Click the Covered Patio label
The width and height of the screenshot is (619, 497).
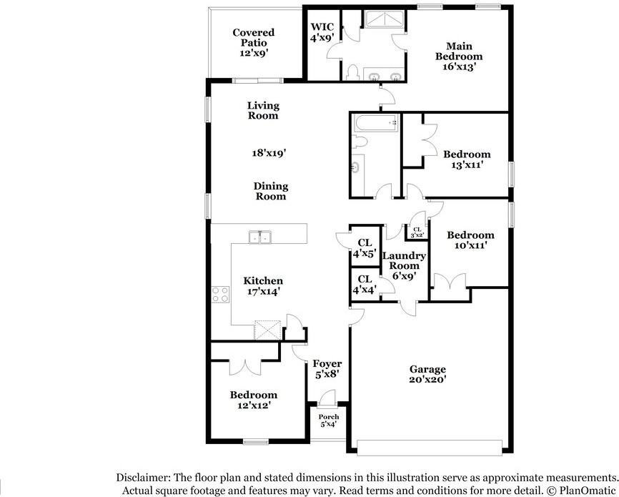click(254, 43)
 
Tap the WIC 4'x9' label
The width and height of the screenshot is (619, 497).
click(322, 32)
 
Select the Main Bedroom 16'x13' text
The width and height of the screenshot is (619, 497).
click(459, 56)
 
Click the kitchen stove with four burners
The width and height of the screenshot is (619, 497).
click(220, 295)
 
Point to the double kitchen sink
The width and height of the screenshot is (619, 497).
click(260, 237)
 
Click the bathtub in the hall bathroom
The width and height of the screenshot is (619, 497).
click(376, 123)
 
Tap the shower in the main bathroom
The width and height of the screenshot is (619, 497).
click(384, 19)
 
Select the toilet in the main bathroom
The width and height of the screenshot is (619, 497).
click(352, 73)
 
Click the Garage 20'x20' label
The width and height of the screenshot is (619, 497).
click(427, 374)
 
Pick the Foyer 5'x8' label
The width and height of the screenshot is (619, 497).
click(327, 368)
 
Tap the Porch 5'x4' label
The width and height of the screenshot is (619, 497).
click(329, 420)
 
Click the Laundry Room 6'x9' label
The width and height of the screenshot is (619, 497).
click(404, 265)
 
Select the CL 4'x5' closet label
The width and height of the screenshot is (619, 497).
click(365, 248)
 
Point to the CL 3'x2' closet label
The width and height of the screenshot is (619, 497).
click(417, 232)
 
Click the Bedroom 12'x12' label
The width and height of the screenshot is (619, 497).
click(254, 400)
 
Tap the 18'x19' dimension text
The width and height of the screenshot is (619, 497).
click(269, 152)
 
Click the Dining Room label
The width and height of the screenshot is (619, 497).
click(270, 191)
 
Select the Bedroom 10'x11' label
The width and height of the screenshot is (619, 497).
click(470, 240)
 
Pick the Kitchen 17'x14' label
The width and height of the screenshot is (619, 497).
click(263, 286)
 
